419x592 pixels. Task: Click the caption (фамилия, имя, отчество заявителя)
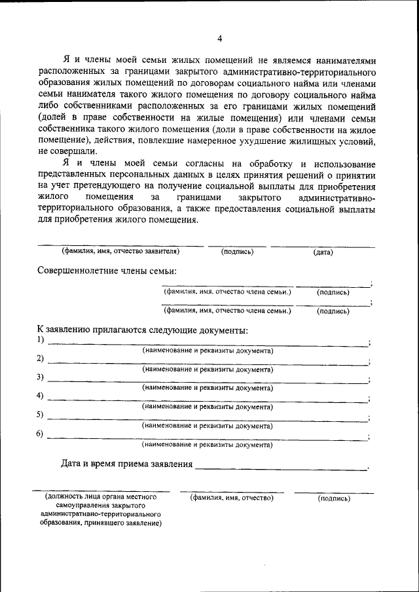pos(120,251)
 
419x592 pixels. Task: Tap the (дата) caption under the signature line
pos(323,252)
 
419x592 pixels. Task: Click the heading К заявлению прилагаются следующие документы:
pos(142,330)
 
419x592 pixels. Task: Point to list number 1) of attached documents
pos(41,340)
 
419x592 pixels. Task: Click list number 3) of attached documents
pos(41,377)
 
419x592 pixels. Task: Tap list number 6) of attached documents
pos(41,434)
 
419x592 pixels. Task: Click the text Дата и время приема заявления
pos(127,464)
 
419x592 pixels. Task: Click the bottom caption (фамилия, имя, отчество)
pos(232,498)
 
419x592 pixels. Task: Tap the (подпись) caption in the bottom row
pos(334,498)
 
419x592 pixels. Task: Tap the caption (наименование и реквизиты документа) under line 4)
pos(208,407)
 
